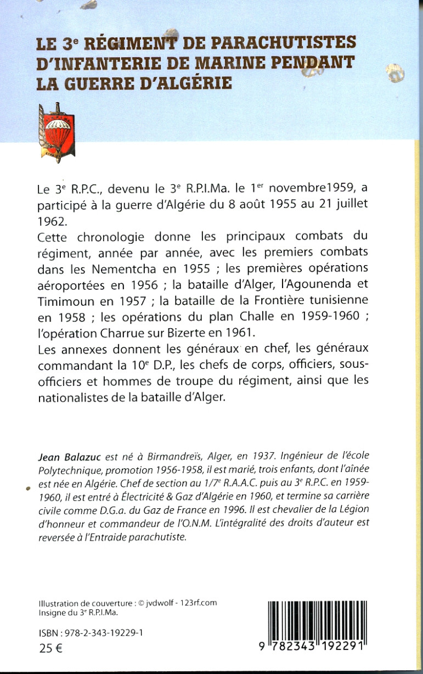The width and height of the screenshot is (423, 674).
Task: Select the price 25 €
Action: click(51, 648)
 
